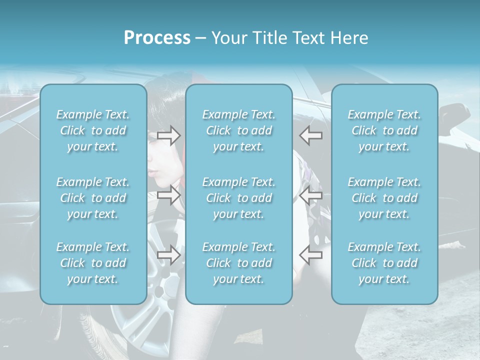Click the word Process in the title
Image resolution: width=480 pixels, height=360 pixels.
(157, 38)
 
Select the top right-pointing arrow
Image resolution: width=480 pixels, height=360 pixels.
(169, 135)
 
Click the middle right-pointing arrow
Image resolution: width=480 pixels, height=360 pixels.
(169, 195)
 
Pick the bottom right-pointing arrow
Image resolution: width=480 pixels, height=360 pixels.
(169, 255)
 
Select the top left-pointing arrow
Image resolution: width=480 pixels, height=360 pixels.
(311, 135)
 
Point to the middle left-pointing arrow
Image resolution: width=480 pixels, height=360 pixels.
(311, 195)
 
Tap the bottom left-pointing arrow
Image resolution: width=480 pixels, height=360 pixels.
(311, 255)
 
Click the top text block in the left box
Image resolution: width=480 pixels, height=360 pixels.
(93, 130)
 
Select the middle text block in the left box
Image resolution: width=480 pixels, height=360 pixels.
(93, 198)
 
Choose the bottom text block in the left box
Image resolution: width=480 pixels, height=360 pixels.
(93, 263)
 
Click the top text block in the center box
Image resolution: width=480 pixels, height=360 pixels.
(239, 130)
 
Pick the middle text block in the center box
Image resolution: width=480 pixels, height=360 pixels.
(239, 198)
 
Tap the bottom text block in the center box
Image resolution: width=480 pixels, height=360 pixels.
(239, 263)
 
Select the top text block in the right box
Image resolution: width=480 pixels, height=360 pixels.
(384, 130)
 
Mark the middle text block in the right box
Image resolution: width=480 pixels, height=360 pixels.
(384, 198)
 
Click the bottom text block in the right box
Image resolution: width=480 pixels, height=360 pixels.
(384, 263)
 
